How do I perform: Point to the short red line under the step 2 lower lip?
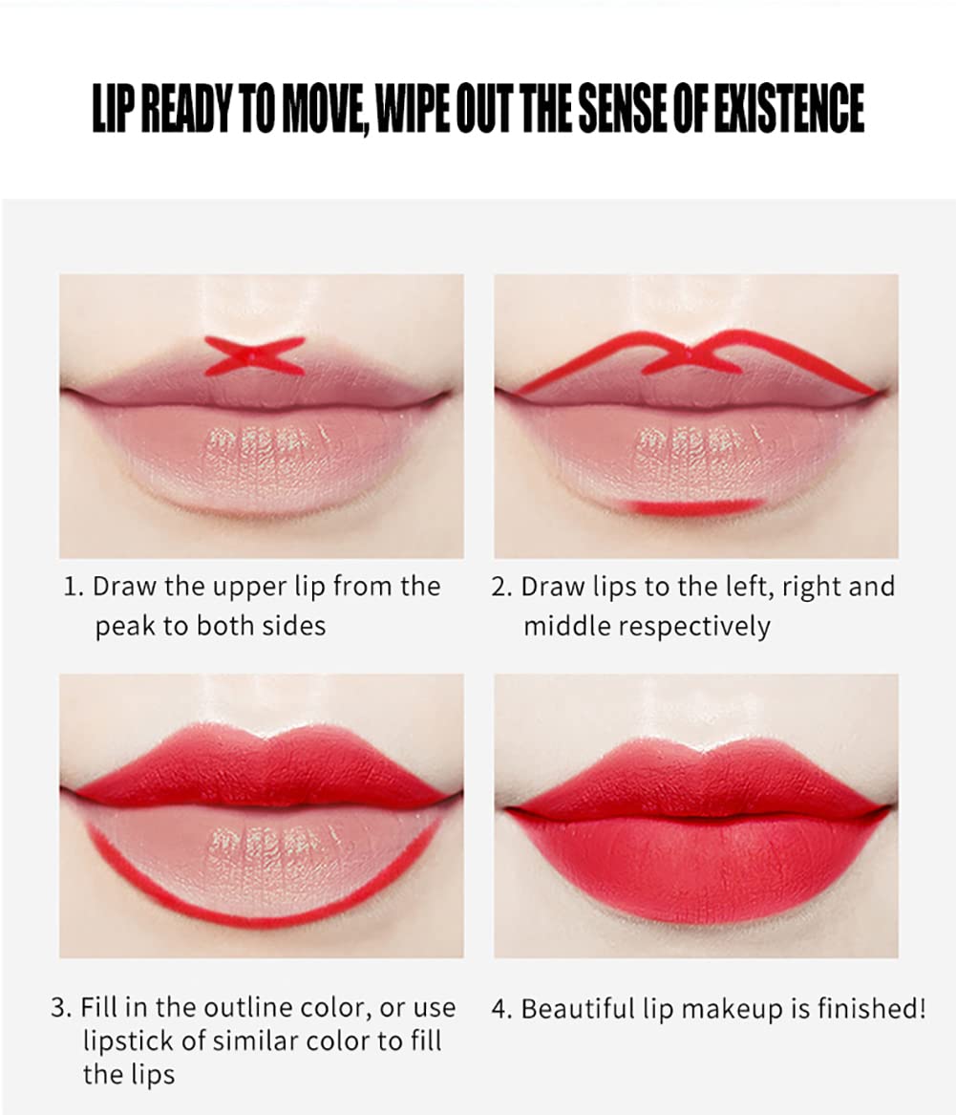[692, 505]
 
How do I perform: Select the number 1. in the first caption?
[74, 587]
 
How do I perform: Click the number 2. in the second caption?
[502, 587]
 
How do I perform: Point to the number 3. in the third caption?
[61, 1007]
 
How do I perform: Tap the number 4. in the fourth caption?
[501, 1009]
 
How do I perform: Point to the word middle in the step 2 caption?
[566, 627]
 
